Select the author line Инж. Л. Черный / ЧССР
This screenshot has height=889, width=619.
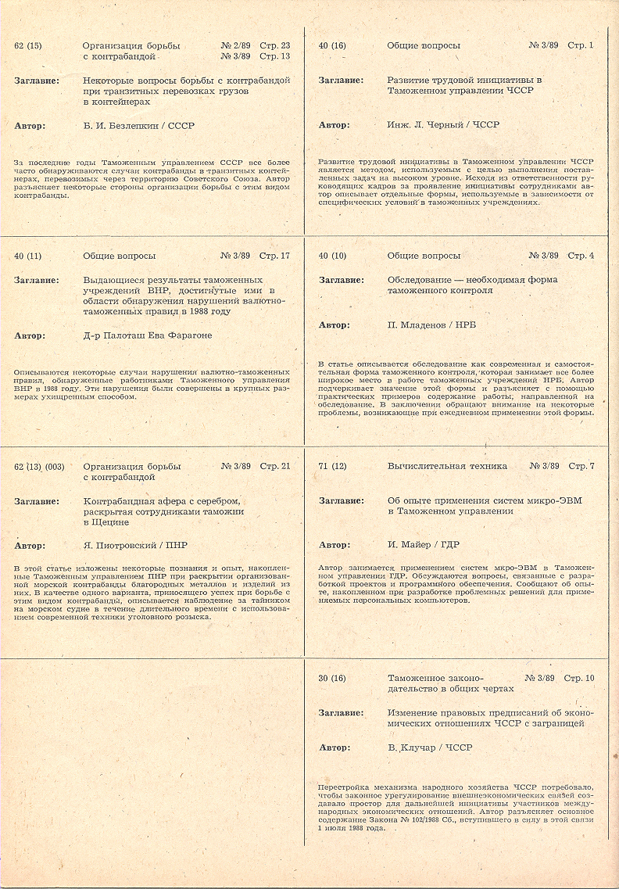443,124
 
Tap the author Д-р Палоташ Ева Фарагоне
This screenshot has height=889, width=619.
147,335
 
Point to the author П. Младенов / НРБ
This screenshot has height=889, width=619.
431,324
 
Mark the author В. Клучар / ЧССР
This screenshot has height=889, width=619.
430,747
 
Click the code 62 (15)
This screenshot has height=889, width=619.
28,46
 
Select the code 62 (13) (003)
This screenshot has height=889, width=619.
39,467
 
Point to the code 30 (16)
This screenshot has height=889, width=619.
332,678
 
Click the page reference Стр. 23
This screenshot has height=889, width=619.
274,46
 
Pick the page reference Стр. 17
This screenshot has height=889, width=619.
274,256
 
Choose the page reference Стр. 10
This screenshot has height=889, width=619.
578,678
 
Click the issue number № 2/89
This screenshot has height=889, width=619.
235,46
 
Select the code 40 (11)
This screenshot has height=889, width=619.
28,256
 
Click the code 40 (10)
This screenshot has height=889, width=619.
332,256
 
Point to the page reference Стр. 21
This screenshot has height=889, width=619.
274,467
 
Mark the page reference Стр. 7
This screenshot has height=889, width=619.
581,466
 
